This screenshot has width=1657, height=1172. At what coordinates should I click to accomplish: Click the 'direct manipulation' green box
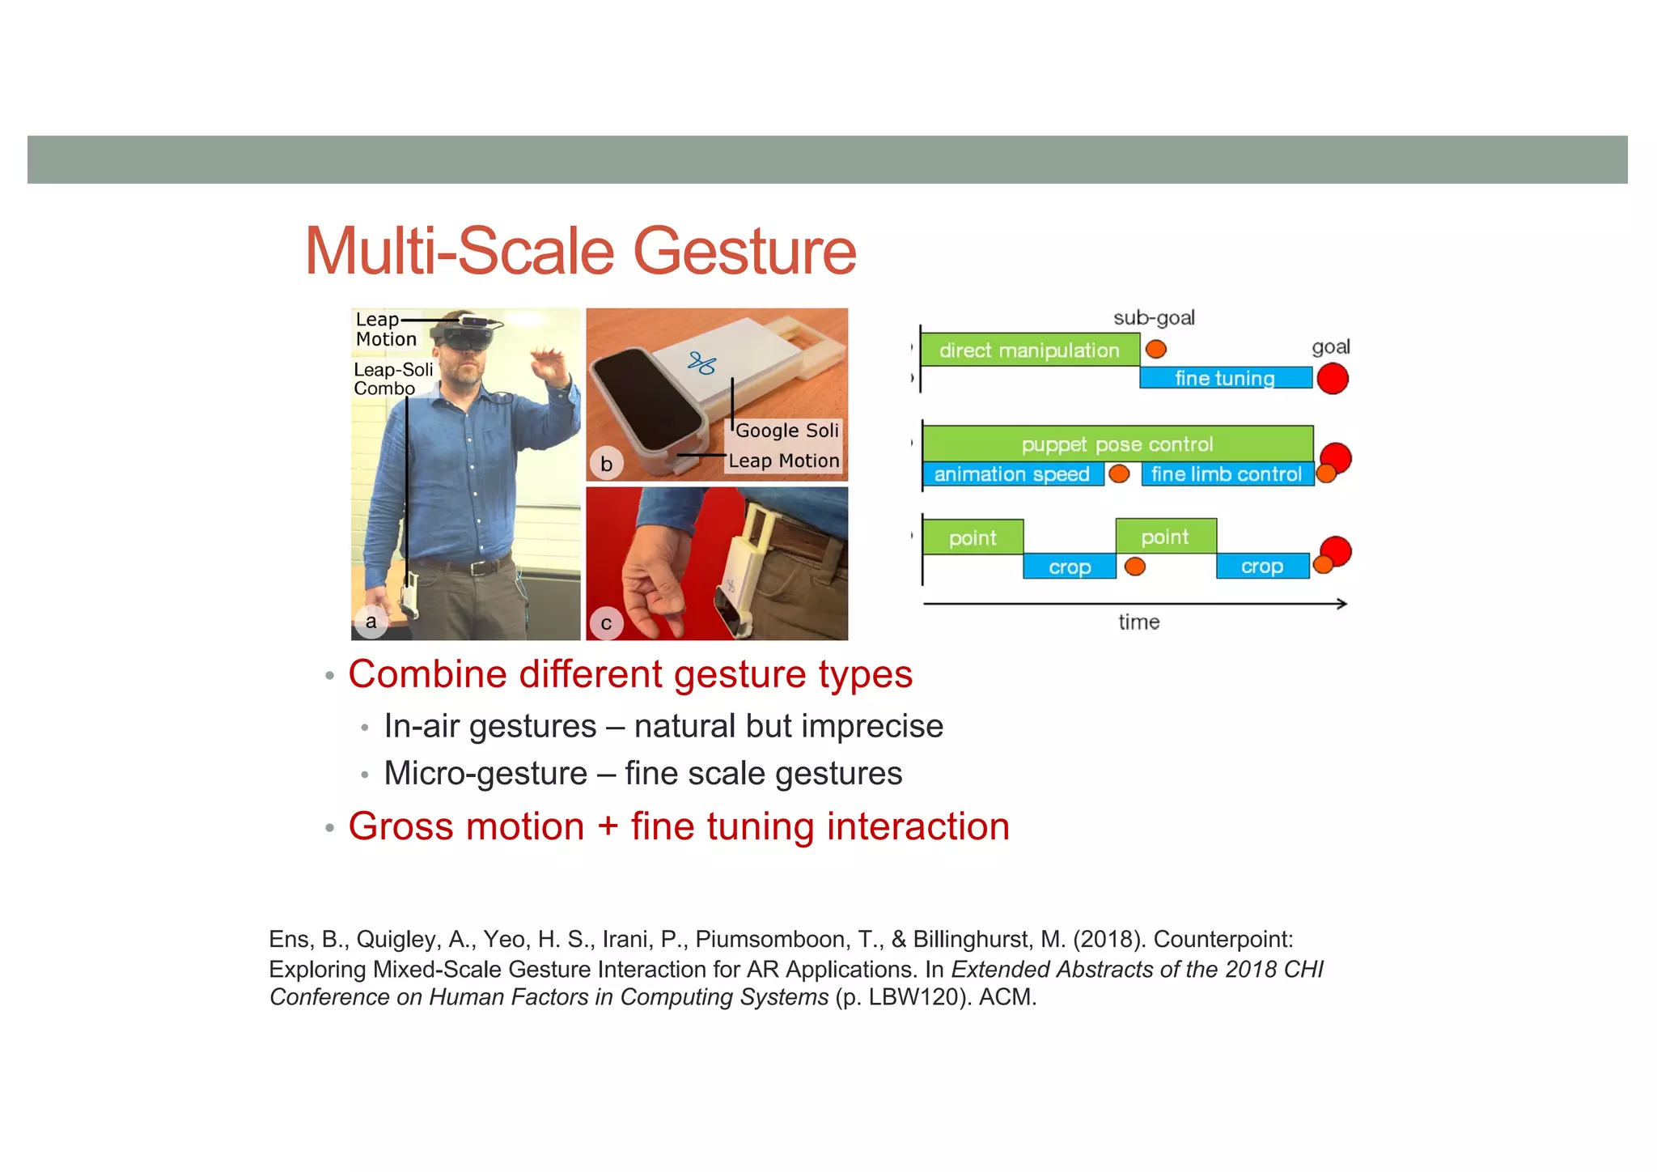tap(1029, 350)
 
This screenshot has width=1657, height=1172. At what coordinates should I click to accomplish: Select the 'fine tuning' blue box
tap(1225, 378)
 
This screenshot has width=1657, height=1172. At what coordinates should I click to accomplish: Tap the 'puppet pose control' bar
tap(1117, 444)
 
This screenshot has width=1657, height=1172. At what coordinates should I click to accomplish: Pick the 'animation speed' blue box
tap(1011, 474)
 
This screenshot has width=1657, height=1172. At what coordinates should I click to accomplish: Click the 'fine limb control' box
tap(1227, 474)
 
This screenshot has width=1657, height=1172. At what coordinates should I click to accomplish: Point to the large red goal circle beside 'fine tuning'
tap(1333, 378)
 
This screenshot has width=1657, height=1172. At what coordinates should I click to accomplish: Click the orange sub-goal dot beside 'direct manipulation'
tap(1156, 349)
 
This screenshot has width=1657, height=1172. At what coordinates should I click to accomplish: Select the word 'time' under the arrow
tap(1138, 622)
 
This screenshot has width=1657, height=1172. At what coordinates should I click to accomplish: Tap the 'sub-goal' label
tap(1154, 318)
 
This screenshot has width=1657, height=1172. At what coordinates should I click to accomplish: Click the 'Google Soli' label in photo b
tap(786, 431)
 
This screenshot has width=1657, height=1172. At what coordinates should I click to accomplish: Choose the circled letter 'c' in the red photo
tap(606, 623)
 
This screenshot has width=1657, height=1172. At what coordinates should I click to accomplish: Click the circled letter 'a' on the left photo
tap(371, 622)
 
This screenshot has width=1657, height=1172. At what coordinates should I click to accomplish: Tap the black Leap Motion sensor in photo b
tap(647, 404)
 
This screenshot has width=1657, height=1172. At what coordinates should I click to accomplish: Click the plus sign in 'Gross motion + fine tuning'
tap(608, 827)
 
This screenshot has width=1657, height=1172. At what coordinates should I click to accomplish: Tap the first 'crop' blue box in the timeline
tap(1069, 567)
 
